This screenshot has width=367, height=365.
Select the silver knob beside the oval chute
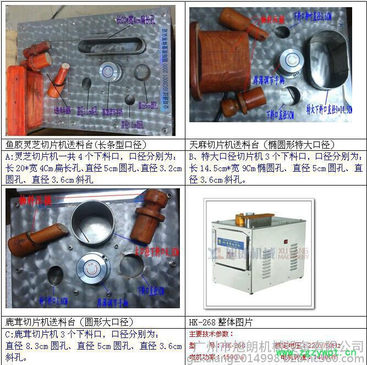coord(291,61)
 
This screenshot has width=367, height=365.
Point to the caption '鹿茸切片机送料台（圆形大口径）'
coord(57,323)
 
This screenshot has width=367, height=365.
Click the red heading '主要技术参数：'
coord(211,334)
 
